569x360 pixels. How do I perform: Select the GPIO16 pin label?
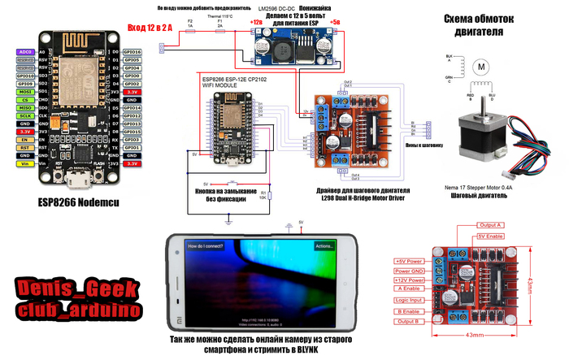tap(132, 51)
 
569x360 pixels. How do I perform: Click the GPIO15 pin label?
tap(132, 131)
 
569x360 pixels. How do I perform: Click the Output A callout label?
tap(492, 224)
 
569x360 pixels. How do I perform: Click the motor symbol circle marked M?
tap(480, 64)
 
